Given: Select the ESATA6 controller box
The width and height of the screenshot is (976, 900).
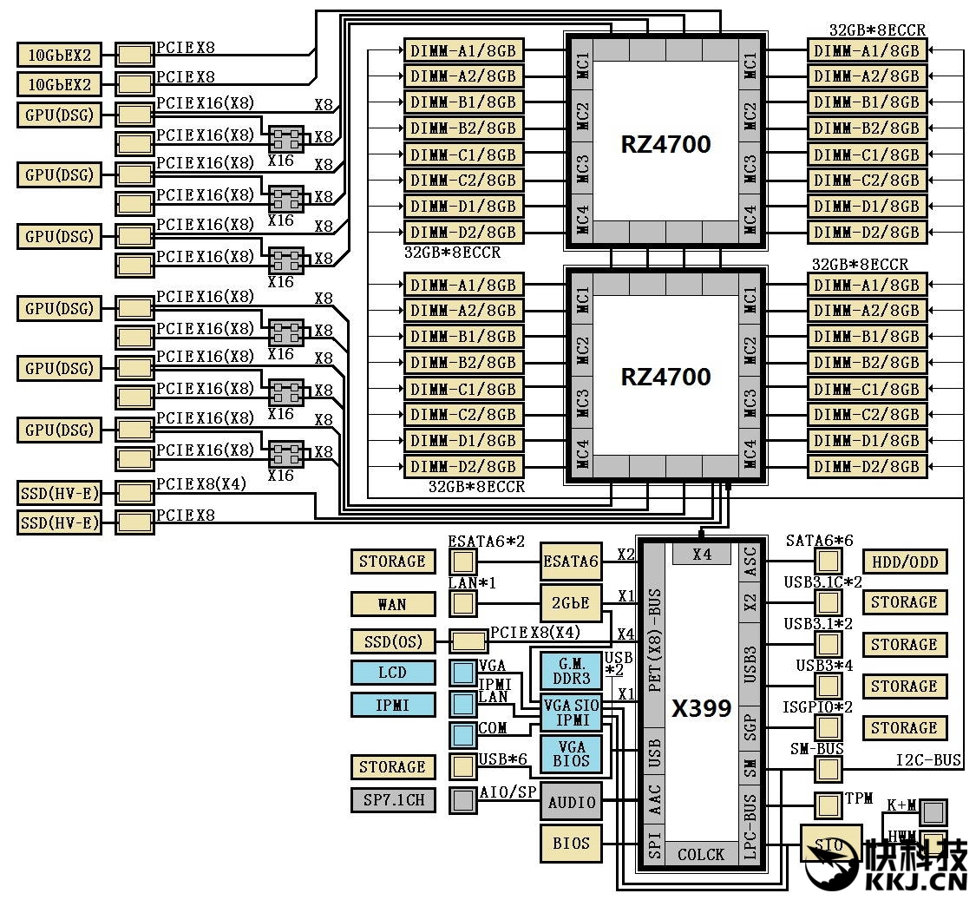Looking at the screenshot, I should (571, 562).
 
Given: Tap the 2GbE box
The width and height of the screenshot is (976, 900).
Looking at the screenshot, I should (571, 603).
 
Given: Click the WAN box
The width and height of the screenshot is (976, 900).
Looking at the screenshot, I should (392, 603).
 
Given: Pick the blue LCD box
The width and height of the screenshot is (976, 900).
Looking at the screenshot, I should (392, 673).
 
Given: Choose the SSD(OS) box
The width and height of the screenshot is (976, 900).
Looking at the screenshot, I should (392, 641).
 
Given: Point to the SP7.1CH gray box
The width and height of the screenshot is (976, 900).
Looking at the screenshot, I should (392, 799).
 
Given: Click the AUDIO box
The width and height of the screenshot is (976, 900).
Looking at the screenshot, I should (572, 802).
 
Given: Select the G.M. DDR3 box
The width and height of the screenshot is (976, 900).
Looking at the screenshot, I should (571, 671).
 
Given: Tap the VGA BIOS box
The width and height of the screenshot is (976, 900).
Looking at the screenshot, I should (571, 754).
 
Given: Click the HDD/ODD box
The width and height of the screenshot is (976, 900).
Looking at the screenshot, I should (904, 562).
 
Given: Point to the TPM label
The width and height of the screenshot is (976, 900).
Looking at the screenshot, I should (859, 798).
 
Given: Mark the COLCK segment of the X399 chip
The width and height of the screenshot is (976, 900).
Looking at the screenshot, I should (701, 855).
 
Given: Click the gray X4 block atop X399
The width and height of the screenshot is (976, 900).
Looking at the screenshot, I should (702, 554).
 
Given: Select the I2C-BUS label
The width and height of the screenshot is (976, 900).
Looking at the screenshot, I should (928, 761).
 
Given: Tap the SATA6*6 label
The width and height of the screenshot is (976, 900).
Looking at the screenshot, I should (819, 541).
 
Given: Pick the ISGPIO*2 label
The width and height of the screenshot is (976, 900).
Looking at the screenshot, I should (818, 707).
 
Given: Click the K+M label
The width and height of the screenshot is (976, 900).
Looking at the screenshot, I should (902, 805).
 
